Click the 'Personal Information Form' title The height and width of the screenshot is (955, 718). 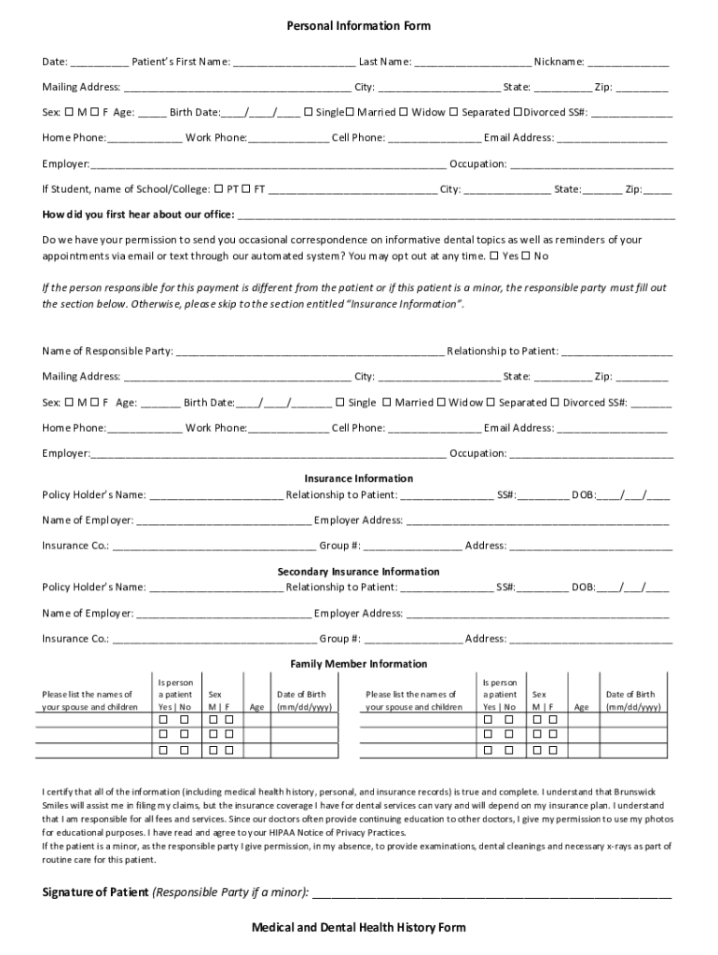point(358,26)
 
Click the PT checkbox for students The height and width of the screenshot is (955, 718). point(218,188)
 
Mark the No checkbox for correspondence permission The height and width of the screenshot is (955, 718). point(525,256)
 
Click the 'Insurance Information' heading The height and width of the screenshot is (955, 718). point(358,478)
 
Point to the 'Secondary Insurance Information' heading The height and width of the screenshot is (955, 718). point(358,571)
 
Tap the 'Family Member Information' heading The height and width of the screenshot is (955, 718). point(358,664)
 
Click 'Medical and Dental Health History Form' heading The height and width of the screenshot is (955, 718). point(358,928)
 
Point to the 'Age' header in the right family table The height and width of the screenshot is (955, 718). point(582,707)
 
